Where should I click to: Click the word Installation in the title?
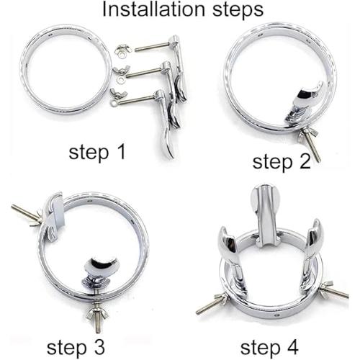153,9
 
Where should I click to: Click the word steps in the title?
238,11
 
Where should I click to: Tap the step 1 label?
97,153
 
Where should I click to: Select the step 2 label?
282,162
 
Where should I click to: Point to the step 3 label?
76,348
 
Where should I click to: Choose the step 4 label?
269,348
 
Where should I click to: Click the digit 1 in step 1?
121,151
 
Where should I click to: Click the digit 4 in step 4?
293,346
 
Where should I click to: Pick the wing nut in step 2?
305,135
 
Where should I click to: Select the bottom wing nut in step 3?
97,312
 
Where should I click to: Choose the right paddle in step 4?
310,254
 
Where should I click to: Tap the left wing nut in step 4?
220,300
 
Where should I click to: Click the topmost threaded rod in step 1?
153,47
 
